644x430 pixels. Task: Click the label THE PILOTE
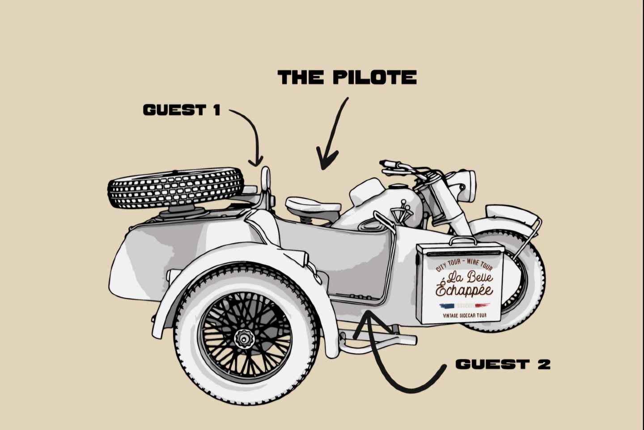[x=347, y=77]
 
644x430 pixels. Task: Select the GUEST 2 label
[x=503, y=364]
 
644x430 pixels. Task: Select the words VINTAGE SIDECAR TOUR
[x=465, y=315]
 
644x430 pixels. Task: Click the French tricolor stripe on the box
[x=465, y=306]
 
